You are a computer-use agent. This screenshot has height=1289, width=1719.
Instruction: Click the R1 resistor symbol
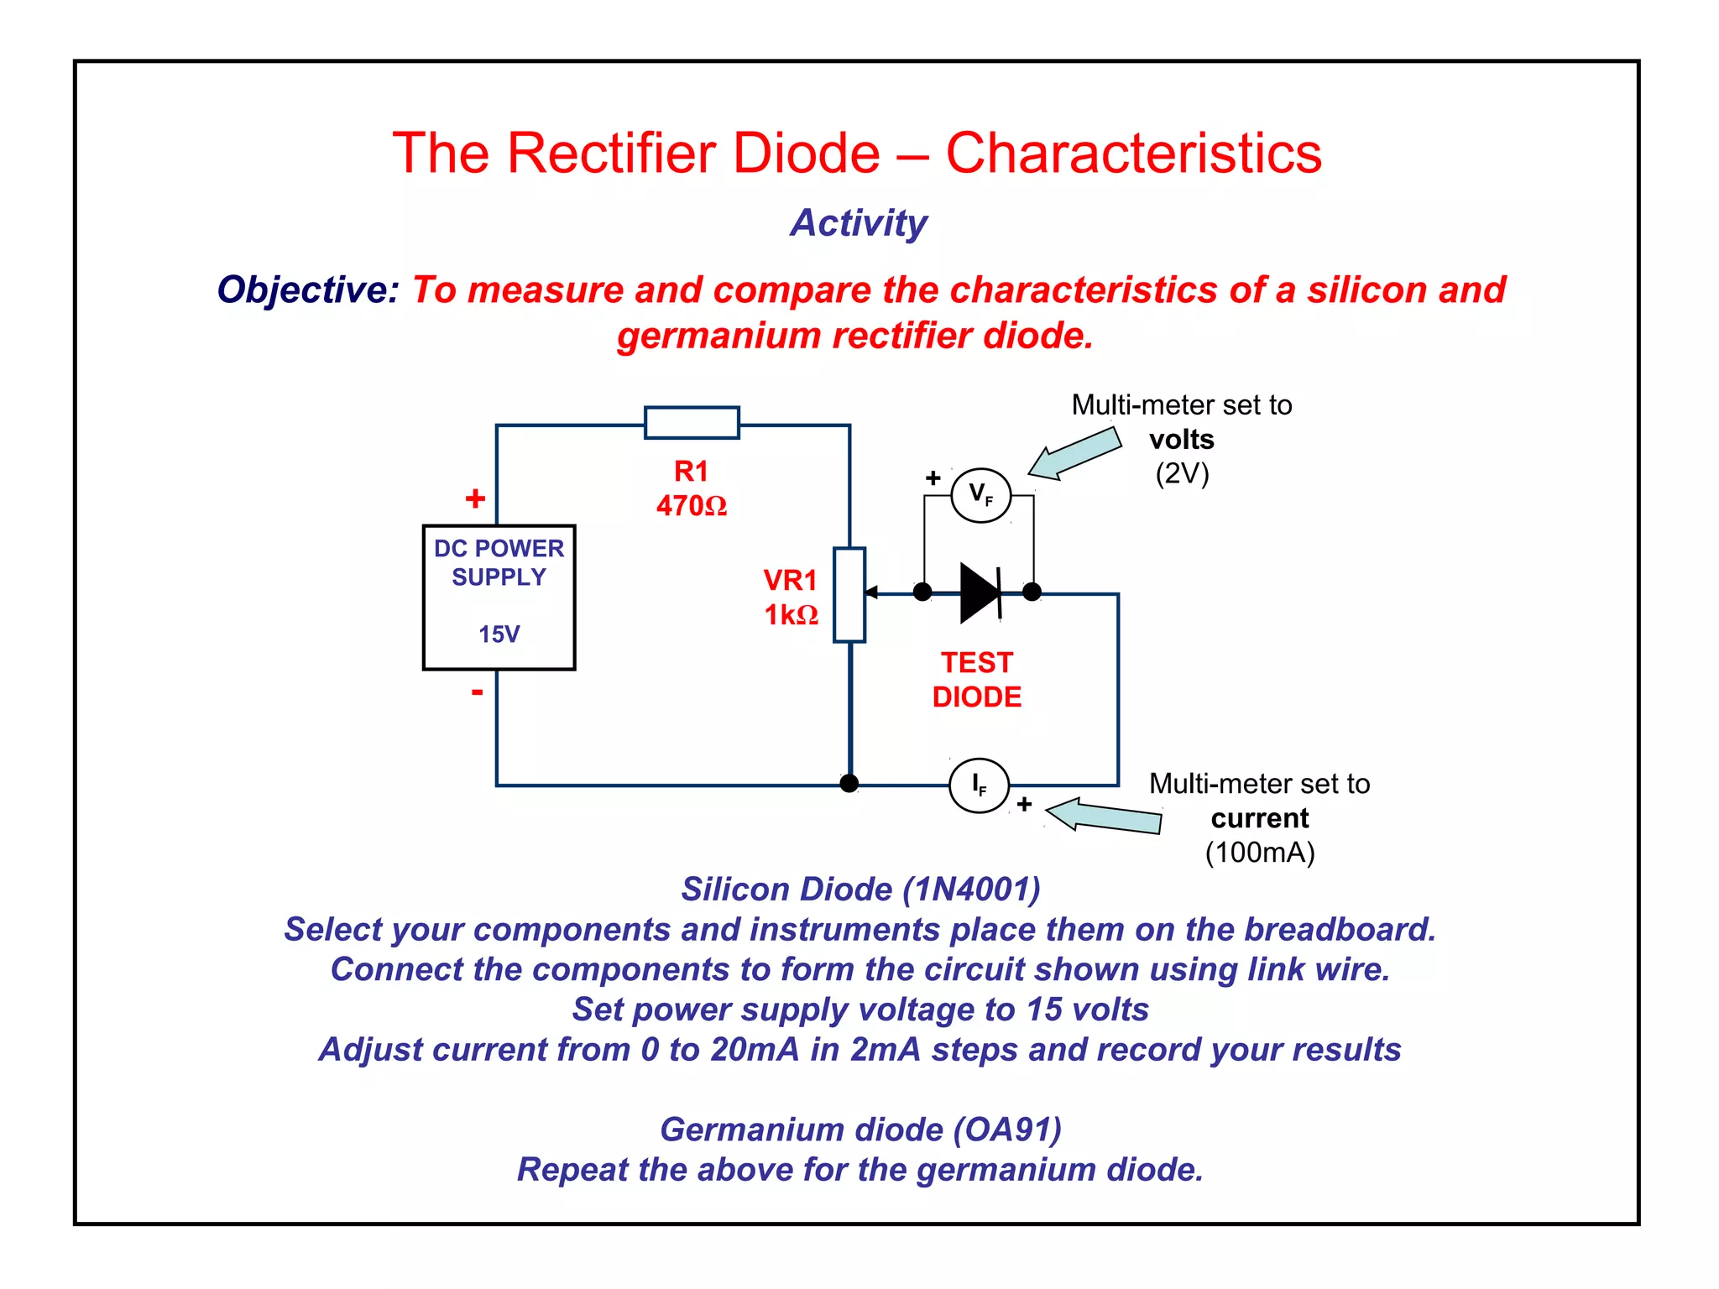[x=692, y=422]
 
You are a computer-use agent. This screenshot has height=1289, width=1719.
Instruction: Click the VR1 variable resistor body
[x=849, y=595]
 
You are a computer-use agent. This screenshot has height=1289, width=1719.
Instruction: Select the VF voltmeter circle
[x=980, y=495]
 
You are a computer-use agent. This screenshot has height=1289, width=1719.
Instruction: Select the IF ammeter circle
[x=979, y=785]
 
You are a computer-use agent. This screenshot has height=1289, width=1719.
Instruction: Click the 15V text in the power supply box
[x=499, y=634]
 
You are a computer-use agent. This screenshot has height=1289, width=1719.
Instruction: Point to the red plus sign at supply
[x=475, y=498]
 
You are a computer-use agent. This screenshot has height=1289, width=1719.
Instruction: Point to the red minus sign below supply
[x=477, y=692]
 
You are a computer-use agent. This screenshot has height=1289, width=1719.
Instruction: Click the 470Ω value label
[x=691, y=506]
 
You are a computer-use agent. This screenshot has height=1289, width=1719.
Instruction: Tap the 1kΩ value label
[x=791, y=615]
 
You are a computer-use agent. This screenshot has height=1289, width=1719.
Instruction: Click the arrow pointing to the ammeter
[x=1104, y=816]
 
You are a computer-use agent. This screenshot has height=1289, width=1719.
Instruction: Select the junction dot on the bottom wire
[x=849, y=784]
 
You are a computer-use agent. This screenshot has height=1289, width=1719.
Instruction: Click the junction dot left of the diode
[x=922, y=592]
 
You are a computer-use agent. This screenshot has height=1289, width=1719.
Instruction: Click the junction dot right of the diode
[x=1032, y=592]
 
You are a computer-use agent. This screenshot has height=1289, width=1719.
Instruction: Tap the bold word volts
[x=1181, y=440]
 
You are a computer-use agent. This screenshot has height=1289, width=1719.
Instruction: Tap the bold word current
[x=1259, y=818]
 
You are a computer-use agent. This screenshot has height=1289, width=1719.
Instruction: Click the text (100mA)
[x=1259, y=853]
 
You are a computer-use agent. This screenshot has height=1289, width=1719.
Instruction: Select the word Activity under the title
[x=859, y=223]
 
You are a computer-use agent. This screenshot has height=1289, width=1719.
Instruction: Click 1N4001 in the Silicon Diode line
[x=971, y=890]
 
